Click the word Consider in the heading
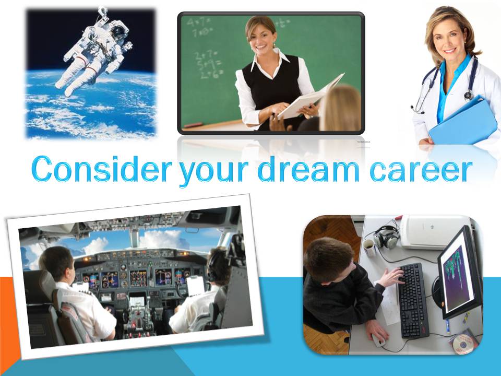(102, 169)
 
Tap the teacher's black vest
(271, 89)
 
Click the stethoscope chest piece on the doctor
(469, 95)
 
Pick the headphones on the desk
(387, 237)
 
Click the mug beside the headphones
(369, 247)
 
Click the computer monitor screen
(458, 274)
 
